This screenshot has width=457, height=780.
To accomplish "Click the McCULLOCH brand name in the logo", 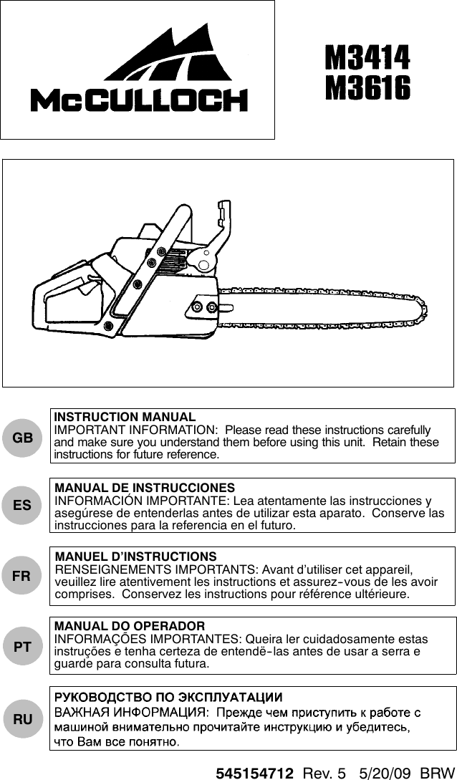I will [139, 100].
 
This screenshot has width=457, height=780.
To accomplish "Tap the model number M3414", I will [368, 58].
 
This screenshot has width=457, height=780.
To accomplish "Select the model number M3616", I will [368, 89].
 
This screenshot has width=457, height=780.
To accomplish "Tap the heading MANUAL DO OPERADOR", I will [130, 626].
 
